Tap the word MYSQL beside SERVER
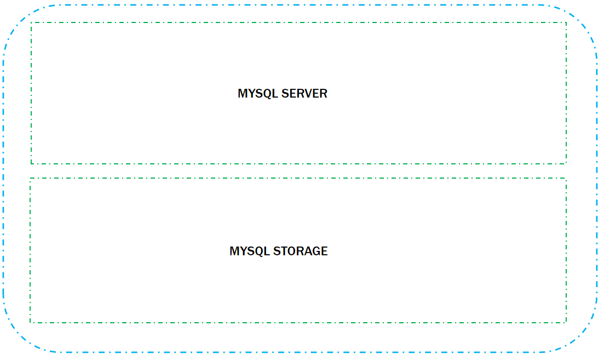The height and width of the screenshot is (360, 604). (258, 94)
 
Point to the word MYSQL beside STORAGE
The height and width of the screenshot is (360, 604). (250, 252)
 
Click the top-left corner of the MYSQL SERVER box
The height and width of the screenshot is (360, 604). (31, 23)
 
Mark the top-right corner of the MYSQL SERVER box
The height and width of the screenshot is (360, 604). (566, 23)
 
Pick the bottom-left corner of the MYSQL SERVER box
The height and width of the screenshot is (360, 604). (31, 163)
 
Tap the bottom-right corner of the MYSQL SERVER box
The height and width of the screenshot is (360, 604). (566, 163)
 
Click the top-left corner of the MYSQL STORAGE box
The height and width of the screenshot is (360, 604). (30, 178)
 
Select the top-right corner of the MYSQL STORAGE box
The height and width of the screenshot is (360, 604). (566, 178)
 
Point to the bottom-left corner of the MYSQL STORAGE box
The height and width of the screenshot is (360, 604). (30, 322)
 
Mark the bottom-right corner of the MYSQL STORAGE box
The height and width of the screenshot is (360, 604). (566, 322)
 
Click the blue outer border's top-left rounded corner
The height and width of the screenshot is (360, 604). (16, 19)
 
